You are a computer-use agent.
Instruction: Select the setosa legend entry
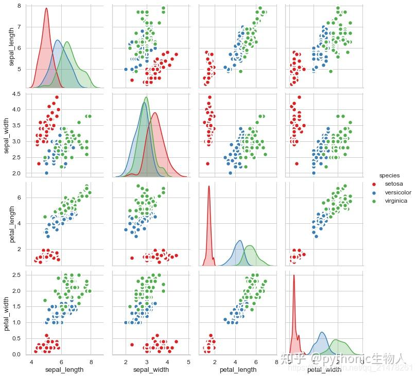coord(394,184)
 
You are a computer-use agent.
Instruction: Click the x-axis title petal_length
coord(238,370)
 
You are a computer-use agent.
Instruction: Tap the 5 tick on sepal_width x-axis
coord(188,362)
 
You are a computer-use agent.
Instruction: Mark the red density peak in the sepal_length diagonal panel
coord(46,8)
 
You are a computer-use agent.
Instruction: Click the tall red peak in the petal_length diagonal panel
coord(209,187)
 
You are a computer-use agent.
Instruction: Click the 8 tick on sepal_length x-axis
coord(91,362)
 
